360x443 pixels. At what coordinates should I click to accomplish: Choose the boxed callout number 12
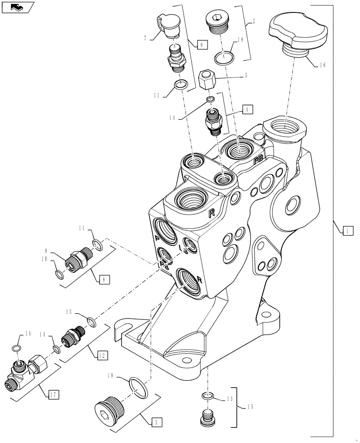point(102,355)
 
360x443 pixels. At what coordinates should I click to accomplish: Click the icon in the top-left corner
point(17,7)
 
